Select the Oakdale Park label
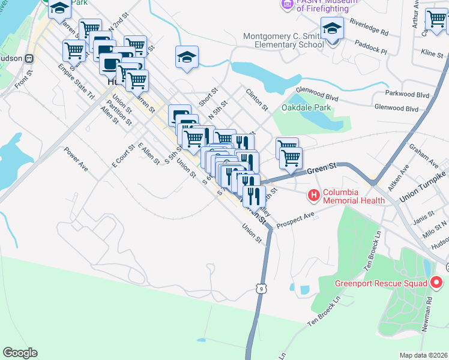[x=306, y=108]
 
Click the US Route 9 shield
[x=261, y=289]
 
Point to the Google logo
[x=20, y=353]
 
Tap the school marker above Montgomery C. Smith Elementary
[x=331, y=28]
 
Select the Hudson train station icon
[x=27, y=59]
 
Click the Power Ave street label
[x=76, y=160]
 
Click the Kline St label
[x=432, y=55]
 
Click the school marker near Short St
[x=187, y=58]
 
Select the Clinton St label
[x=257, y=99]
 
